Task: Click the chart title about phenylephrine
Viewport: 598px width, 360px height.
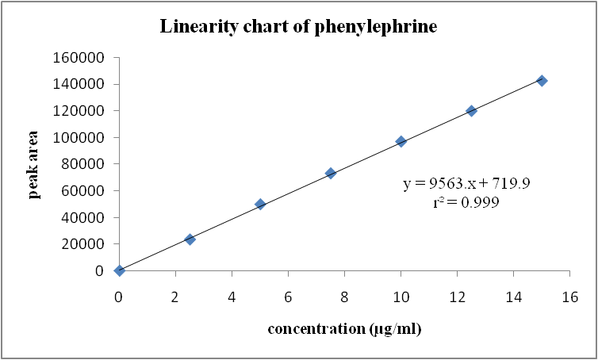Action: click(x=299, y=26)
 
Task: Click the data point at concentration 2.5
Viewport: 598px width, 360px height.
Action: click(x=190, y=239)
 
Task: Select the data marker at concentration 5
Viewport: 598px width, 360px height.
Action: click(x=260, y=204)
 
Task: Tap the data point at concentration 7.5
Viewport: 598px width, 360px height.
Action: click(x=331, y=173)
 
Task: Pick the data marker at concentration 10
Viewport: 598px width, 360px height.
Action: click(x=401, y=141)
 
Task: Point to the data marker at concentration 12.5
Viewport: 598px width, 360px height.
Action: click(x=471, y=111)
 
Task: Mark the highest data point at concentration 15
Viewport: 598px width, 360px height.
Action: click(x=542, y=81)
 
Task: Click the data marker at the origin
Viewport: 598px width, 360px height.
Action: click(x=119, y=270)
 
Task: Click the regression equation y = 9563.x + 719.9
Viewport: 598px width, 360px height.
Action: click(x=466, y=184)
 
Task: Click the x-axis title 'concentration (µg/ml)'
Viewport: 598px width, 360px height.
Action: click(x=343, y=328)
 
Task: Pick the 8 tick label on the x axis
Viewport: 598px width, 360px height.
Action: click(x=344, y=297)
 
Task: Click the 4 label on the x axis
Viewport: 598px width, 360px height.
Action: click(x=232, y=297)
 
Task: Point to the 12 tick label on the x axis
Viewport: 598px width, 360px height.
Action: click(x=457, y=297)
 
